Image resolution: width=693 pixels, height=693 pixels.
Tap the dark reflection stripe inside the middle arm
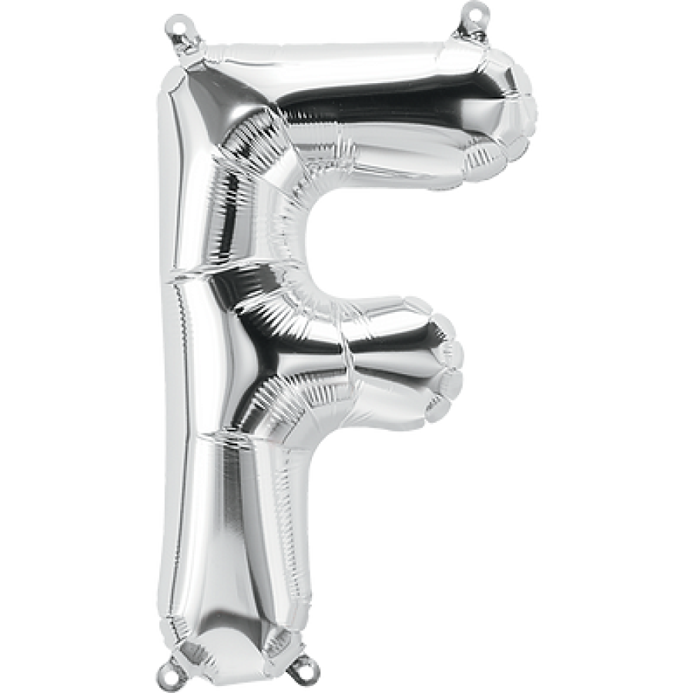308,358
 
